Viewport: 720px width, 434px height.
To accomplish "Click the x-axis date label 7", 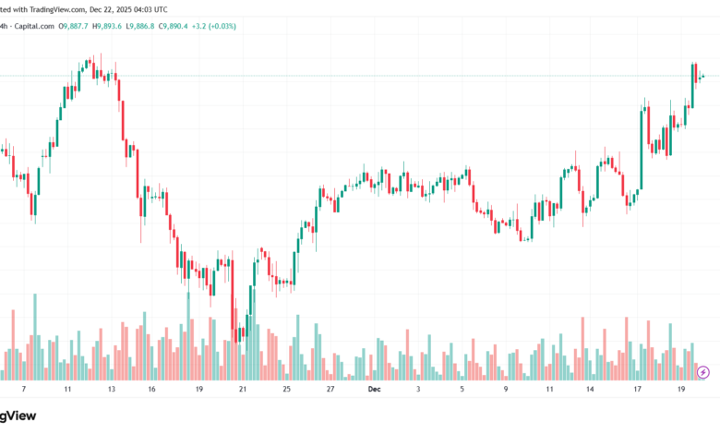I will coord(25,390).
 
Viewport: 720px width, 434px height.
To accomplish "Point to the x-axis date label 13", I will coord(111,390).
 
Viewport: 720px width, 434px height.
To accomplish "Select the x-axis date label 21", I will coord(243,390).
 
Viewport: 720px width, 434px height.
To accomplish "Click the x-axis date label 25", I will coord(286,390).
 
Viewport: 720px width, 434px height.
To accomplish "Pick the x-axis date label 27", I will coord(330,390).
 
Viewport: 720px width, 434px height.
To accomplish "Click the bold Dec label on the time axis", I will coord(374,390).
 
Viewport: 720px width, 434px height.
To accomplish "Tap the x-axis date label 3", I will coord(418,390).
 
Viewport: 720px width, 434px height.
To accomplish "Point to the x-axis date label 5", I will coord(462,390).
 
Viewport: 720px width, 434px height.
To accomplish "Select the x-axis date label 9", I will coord(506,390).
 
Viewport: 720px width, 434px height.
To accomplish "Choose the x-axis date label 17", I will coord(637,390).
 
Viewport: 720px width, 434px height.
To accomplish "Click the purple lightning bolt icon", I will coord(703,371).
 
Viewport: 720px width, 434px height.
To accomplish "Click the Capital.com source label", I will coord(35,27).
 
